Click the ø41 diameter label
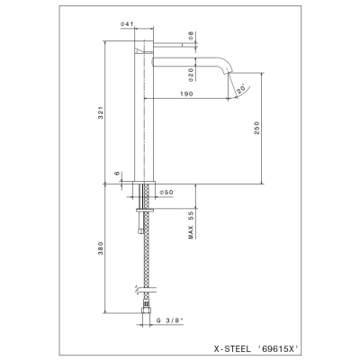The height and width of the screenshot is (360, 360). (x=126, y=24)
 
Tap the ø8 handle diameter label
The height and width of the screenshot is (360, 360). (x=191, y=36)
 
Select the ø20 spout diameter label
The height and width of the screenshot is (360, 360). (x=191, y=75)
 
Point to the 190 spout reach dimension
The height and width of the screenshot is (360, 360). (x=186, y=94)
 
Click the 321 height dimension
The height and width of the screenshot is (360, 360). (x=101, y=112)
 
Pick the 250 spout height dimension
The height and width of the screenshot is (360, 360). (x=256, y=128)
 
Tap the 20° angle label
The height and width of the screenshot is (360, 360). (x=241, y=89)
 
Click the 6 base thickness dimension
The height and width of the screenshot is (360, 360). (x=117, y=174)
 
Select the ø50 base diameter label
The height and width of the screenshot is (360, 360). (x=166, y=193)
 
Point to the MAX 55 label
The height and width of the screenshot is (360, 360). (x=191, y=225)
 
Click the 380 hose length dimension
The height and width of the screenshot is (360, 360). (x=101, y=248)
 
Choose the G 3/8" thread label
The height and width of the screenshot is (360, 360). (x=170, y=320)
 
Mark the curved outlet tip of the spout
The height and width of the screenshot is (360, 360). (x=227, y=70)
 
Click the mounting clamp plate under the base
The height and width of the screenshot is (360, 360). (x=145, y=210)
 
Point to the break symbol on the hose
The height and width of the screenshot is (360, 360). (x=137, y=289)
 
